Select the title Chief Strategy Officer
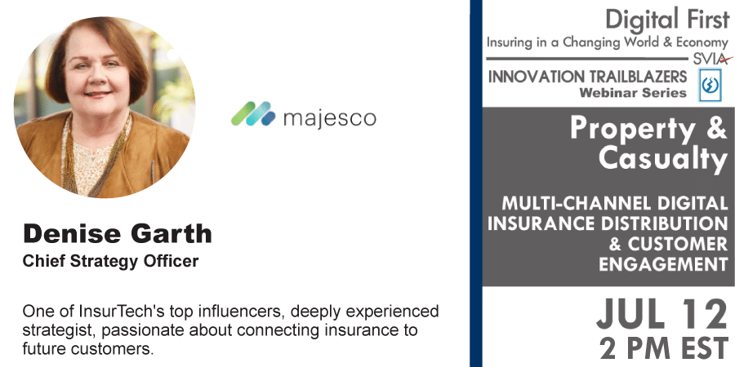coord(110,261)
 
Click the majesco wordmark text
coord(330,118)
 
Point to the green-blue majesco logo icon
coord(253,113)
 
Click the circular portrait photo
coord(105,108)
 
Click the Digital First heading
coord(666,20)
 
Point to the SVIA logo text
coord(712,60)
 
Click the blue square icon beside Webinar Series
coord(710,85)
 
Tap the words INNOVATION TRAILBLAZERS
coord(587,77)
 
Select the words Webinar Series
coord(633,93)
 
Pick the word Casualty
coord(663,159)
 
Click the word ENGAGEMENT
coord(663,265)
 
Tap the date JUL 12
coord(661,315)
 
